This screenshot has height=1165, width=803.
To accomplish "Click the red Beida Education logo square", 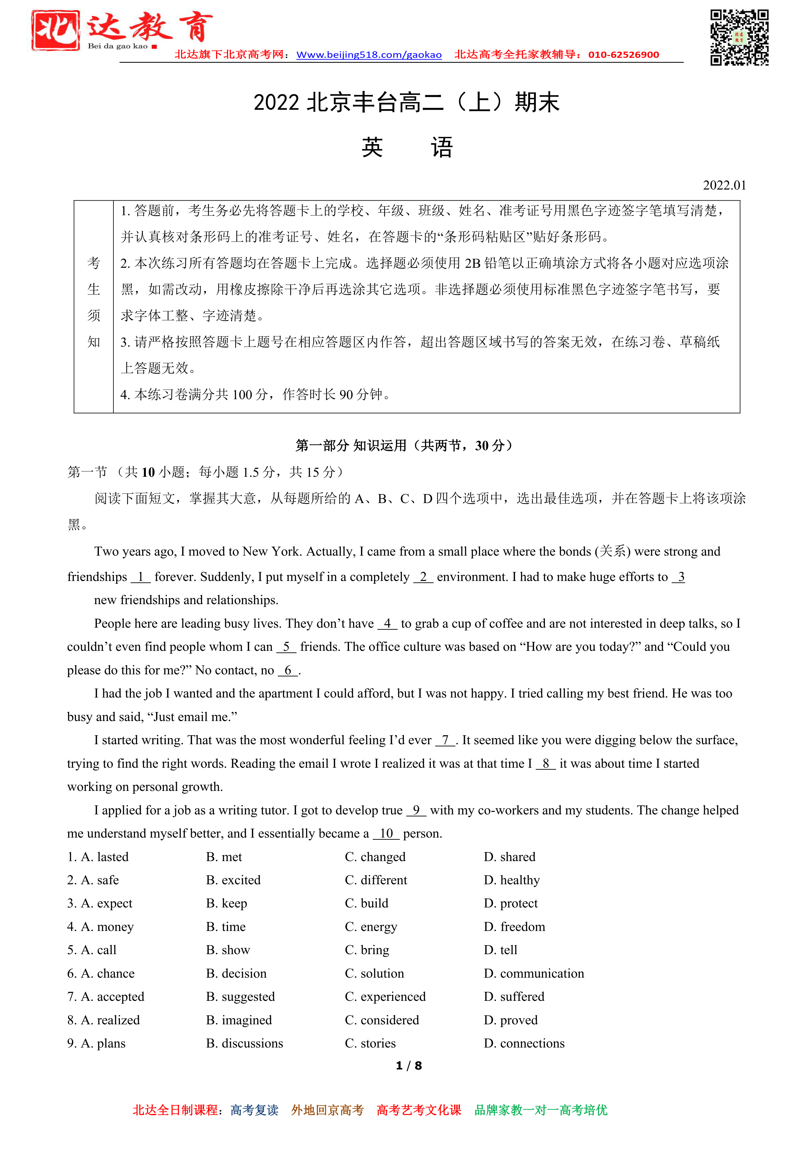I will coord(55,30).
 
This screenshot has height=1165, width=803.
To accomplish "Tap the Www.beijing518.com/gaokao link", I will coord(369,55).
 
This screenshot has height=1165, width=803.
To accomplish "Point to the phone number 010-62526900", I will coord(623,55).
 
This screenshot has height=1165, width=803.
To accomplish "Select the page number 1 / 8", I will coord(409,1065).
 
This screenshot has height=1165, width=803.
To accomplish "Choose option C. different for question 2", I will coord(376,880).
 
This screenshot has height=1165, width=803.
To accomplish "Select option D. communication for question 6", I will coord(534,973).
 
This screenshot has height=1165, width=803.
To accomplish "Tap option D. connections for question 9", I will coord(524,1043).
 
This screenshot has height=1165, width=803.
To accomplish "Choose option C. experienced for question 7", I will coord(385,996).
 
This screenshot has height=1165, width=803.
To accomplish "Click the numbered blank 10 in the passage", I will coord(386,833).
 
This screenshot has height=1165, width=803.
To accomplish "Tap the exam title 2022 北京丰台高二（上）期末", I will coord(406,103).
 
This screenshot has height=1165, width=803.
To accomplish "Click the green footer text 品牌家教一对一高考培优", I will coord(541,1110).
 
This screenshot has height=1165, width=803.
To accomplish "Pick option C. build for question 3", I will coord(367,903).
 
